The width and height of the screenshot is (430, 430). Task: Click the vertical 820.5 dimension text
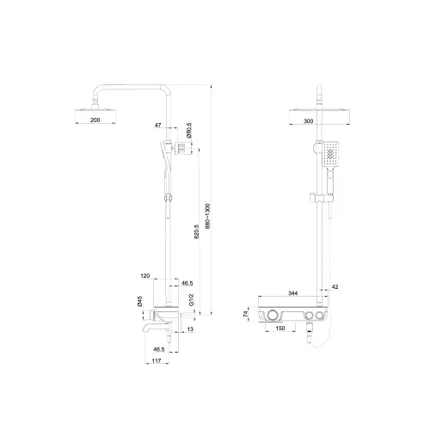point(197,234)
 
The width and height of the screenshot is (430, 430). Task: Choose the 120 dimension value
point(146,277)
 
